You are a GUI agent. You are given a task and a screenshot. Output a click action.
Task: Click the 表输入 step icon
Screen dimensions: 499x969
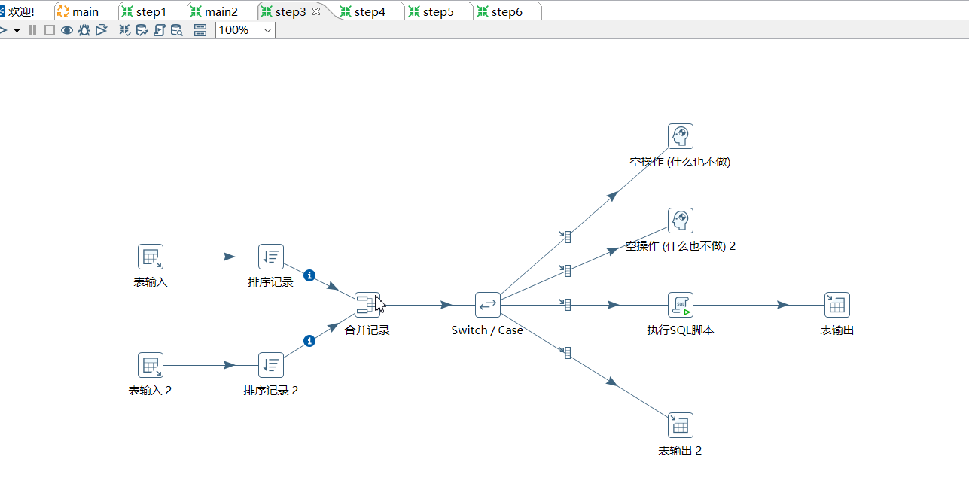click(x=151, y=257)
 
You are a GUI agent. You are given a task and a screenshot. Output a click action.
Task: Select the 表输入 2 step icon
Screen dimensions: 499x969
click(x=151, y=365)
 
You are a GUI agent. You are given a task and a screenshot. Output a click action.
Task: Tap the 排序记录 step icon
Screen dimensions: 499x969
click(x=271, y=257)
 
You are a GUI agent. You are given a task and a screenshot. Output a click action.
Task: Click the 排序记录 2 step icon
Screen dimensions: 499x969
click(x=271, y=365)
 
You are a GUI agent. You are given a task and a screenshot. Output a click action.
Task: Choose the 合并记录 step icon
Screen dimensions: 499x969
click(x=367, y=305)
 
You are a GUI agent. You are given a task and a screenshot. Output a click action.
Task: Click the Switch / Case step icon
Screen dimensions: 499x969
click(x=488, y=305)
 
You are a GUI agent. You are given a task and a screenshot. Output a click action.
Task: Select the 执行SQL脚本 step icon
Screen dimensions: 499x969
click(x=681, y=305)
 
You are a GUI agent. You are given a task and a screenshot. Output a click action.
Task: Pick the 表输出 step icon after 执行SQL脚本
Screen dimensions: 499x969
click(x=837, y=305)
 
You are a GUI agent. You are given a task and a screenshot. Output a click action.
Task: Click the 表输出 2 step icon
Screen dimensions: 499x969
click(x=681, y=425)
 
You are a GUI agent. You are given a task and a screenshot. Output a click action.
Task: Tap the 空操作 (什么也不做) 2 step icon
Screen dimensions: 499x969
click(x=681, y=221)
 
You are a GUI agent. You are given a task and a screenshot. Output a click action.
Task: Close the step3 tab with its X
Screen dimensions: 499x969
click(x=316, y=11)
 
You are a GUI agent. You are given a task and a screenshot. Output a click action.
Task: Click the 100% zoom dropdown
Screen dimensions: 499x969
click(x=245, y=30)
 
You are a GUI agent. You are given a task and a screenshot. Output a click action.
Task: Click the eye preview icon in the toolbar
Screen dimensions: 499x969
click(x=67, y=30)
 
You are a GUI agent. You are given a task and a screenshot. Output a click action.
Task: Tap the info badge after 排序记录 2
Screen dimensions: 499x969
click(x=309, y=341)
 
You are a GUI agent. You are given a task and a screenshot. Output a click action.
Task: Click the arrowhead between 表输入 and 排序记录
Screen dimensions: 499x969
click(x=230, y=257)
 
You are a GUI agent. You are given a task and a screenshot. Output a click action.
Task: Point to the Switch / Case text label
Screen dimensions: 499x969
click(x=487, y=330)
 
